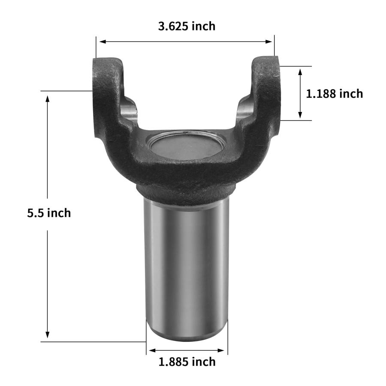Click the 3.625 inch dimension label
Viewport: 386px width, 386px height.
tap(187, 26)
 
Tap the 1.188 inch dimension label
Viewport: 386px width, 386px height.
tap(334, 94)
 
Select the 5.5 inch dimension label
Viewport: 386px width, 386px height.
tap(49, 213)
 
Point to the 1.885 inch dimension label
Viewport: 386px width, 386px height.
tap(187, 362)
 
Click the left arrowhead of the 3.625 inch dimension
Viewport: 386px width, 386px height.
tap(103, 42)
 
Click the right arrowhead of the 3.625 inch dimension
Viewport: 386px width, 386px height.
tap(268, 42)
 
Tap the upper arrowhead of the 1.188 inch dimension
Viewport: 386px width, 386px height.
tap(300, 72)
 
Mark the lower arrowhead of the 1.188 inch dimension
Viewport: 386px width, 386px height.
tap(300, 115)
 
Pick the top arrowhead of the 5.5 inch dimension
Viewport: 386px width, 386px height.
tap(48, 99)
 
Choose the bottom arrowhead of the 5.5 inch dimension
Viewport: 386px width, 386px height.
tap(48, 335)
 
